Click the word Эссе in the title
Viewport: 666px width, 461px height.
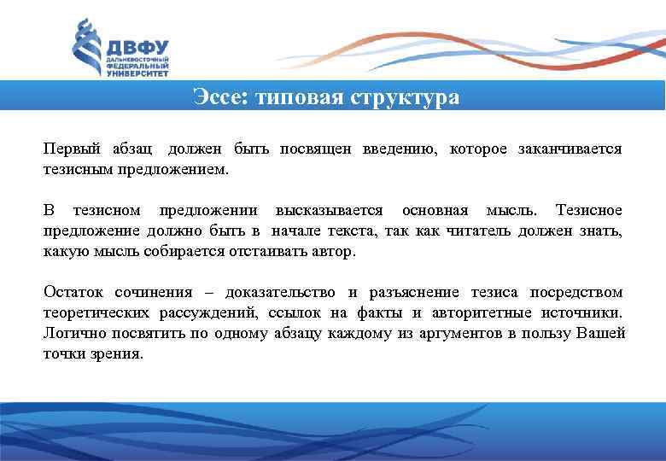[217, 97]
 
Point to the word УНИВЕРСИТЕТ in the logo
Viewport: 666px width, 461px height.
[137, 74]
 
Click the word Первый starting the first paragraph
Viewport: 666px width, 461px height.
[72, 149]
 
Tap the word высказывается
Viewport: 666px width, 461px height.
[329, 210]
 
